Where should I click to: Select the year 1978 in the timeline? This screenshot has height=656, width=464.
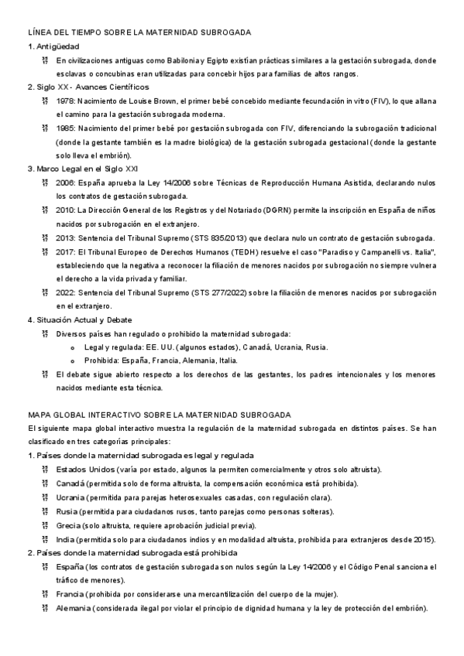tap(65, 101)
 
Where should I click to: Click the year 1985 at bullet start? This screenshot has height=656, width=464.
tap(65, 128)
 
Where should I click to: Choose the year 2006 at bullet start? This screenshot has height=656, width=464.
tap(65, 183)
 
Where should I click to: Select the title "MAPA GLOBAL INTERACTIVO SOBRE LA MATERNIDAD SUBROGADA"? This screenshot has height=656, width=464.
tap(159, 415)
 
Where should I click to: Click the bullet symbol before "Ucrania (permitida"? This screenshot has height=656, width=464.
tap(46, 497)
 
